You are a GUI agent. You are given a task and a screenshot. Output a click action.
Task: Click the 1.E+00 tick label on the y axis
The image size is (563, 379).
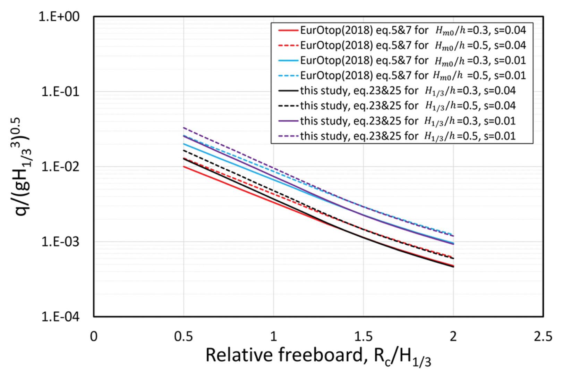(59, 17)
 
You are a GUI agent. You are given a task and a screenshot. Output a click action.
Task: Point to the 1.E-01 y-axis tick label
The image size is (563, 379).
(60, 92)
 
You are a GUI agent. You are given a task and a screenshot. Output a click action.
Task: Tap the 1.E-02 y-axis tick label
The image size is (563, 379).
(60, 167)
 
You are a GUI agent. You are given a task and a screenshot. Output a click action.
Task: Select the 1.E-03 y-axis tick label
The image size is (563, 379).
(60, 242)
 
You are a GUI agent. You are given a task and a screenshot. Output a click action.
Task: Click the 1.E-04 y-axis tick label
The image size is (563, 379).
(60, 317)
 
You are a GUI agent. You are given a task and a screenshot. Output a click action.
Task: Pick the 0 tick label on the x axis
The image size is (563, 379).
(94, 336)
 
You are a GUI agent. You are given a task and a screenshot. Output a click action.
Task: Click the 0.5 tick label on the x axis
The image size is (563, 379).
(184, 336)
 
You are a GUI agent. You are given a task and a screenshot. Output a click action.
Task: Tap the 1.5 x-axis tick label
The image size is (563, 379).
(363, 336)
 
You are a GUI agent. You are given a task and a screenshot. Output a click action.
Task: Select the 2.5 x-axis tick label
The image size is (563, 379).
(543, 336)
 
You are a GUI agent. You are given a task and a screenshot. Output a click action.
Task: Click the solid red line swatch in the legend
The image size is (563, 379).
(288, 31)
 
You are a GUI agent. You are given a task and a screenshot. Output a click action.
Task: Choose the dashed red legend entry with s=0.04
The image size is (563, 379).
(413, 45)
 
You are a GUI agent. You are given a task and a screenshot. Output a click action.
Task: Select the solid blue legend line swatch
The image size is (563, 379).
(288, 61)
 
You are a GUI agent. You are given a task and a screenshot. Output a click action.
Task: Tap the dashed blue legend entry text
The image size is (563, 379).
(413, 76)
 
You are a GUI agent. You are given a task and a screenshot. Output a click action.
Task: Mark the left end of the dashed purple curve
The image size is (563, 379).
(184, 128)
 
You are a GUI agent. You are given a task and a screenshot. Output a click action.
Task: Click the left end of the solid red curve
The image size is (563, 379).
(184, 167)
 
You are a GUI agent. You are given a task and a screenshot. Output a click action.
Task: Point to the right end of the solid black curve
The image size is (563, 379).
(453, 267)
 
